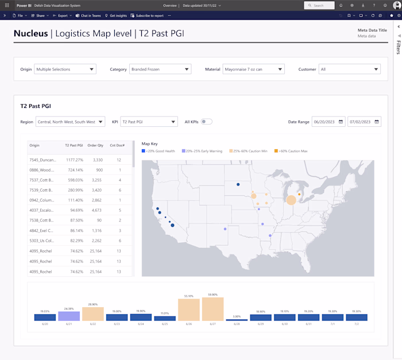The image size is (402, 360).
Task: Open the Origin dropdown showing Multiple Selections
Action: [x=65, y=69]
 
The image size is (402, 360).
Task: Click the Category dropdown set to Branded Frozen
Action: [x=160, y=69]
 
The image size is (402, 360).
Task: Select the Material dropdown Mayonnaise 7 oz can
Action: [x=253, y=69]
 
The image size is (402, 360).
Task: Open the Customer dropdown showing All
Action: [x=349, y=69]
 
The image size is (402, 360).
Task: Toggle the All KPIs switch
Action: [x=206, y=122]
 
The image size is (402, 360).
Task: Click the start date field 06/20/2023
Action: [x=328, y=122]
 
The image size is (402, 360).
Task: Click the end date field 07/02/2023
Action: [x=364, y=122]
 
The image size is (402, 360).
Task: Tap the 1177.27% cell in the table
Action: [x=75, y=160]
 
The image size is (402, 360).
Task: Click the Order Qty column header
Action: [x=95, y=146]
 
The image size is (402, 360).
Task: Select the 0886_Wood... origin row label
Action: [x=42, y=170]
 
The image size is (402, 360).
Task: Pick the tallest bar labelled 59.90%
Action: [x=212, y=309]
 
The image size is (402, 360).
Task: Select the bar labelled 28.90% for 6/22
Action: [x=92, y=313]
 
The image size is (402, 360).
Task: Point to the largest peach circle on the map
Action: [x=291, y=200]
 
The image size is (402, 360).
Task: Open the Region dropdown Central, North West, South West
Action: [x=69, y=122]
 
